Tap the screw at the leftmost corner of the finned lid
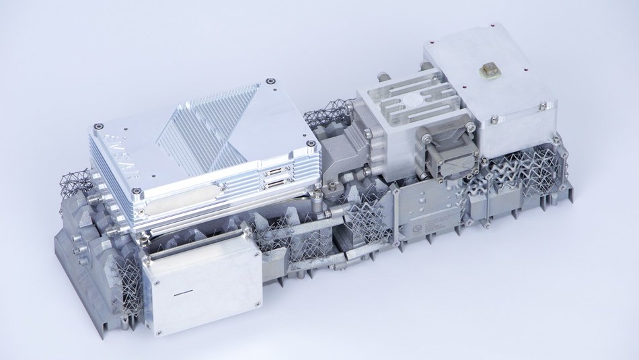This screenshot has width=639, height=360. pos(99,125)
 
